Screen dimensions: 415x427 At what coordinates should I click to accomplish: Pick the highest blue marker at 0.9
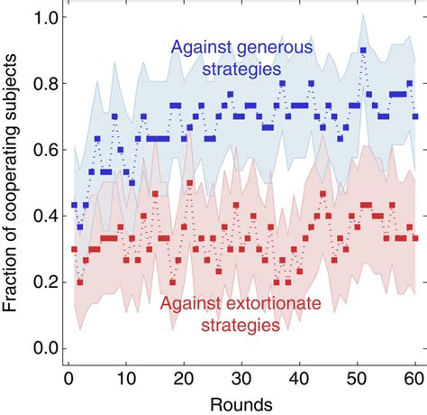coord(363,51)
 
